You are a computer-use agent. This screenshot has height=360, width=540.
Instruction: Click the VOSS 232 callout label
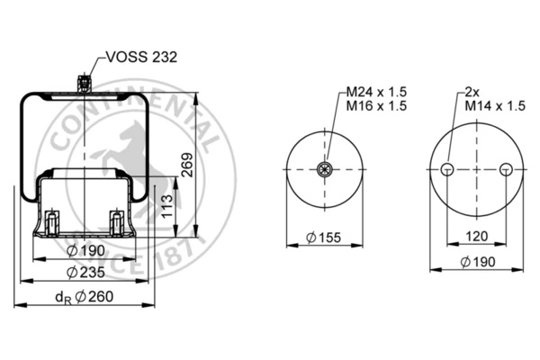click(141, 58)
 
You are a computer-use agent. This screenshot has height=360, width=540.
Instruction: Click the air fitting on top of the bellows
click(84, 83)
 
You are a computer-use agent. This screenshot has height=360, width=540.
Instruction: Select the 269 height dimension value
click(188, 165)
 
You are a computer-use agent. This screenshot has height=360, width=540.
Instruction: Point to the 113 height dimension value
click(167, 206)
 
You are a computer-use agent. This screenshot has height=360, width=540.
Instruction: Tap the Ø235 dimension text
click(85, 273)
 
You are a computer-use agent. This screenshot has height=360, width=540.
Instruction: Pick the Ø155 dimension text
click(323, 238)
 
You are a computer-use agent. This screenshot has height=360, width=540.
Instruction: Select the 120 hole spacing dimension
click(477, 237)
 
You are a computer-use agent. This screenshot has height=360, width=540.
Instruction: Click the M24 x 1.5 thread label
click(376, 92)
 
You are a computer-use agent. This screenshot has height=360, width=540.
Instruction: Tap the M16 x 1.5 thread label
click(376, 106)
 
